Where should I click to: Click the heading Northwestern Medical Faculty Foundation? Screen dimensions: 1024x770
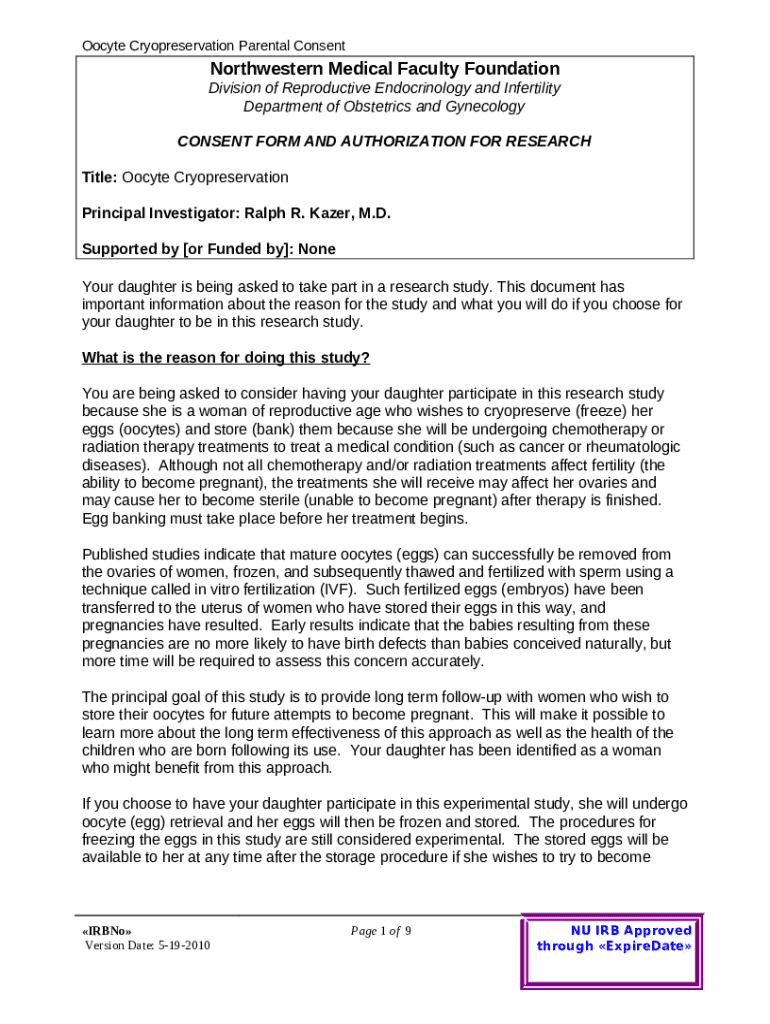pos(384,69)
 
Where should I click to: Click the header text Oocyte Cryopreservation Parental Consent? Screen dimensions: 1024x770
pos(213,45)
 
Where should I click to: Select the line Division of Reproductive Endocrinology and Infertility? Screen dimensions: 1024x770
pos(384,88)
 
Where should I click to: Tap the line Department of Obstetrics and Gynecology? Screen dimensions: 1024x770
pos(384,106)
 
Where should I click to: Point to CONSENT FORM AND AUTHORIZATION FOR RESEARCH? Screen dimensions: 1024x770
pos(384,141)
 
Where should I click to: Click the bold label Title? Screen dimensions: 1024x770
pos(100,177)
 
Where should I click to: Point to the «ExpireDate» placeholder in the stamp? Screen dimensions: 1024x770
pos(644,946)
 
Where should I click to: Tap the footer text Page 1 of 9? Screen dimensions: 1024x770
pos(381,931)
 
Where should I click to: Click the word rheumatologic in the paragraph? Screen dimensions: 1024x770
pos(631,447)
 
